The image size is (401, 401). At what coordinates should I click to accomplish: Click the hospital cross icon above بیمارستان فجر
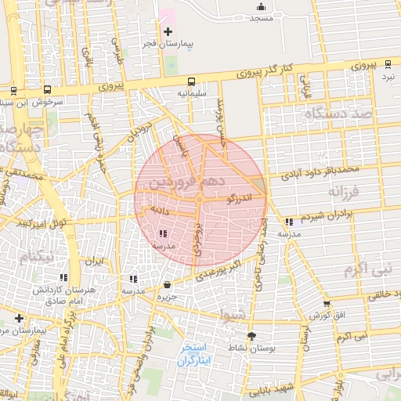(x=167, y=31)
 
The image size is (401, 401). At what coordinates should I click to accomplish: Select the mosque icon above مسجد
(x=261, y=7)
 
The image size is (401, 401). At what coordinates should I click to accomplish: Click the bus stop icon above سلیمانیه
(x=191, y=81)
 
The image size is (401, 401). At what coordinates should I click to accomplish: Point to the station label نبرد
(x=389, y=78)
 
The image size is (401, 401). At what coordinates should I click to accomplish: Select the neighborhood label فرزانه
(x=343, y=191)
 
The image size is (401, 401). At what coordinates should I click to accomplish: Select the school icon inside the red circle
(x=163, y=233)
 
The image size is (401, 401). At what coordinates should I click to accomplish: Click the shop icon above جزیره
(x=166, y=284)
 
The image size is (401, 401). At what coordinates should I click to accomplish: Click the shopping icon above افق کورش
(x=327, y=304)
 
